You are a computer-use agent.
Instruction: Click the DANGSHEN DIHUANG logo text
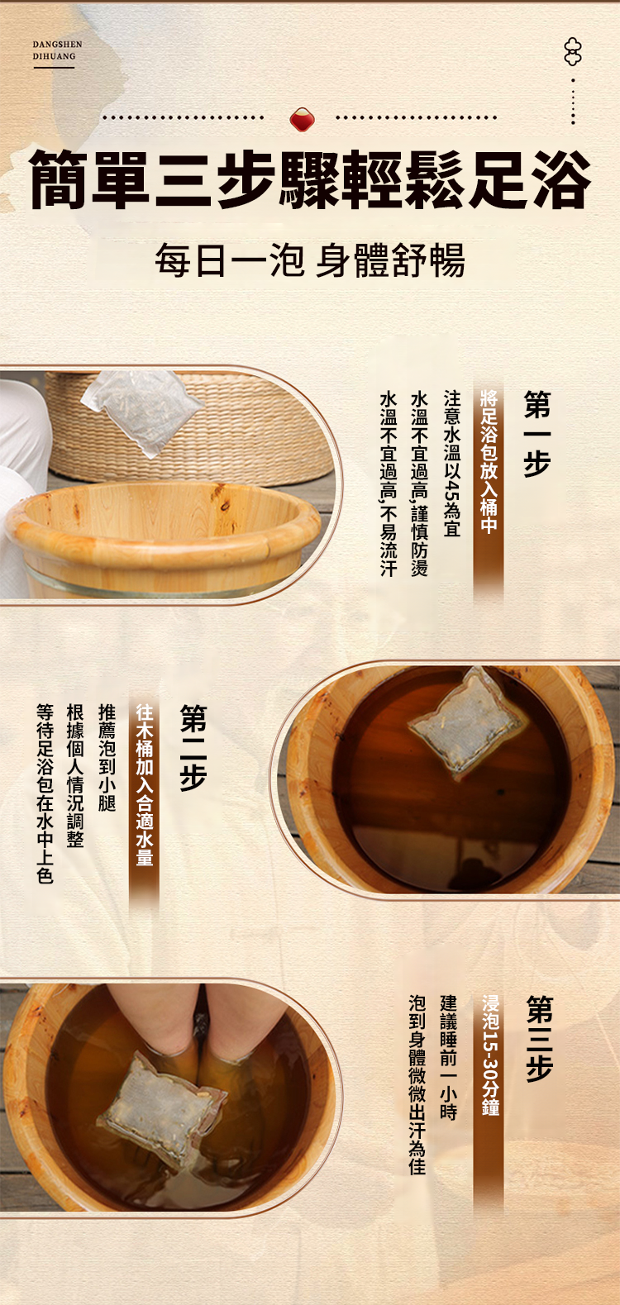(57, 50)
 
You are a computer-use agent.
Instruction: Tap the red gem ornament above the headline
(302, 120)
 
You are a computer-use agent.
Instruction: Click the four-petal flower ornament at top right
(573, 52)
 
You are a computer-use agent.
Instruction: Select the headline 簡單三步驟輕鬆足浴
(310, 179)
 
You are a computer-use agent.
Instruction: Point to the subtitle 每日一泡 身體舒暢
(310, 260)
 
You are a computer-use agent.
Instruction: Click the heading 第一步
(537, 434)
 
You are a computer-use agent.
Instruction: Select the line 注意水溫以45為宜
(451, 463)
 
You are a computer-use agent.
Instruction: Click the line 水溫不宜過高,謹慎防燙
(420, 483)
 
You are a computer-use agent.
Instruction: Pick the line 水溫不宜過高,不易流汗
(389, 483)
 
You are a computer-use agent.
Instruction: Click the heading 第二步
(193, 747)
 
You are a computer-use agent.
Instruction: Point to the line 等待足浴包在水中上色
(45, 793)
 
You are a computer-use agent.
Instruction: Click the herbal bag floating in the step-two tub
(467, 722)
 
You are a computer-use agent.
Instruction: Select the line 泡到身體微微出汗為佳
(417, 1084)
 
